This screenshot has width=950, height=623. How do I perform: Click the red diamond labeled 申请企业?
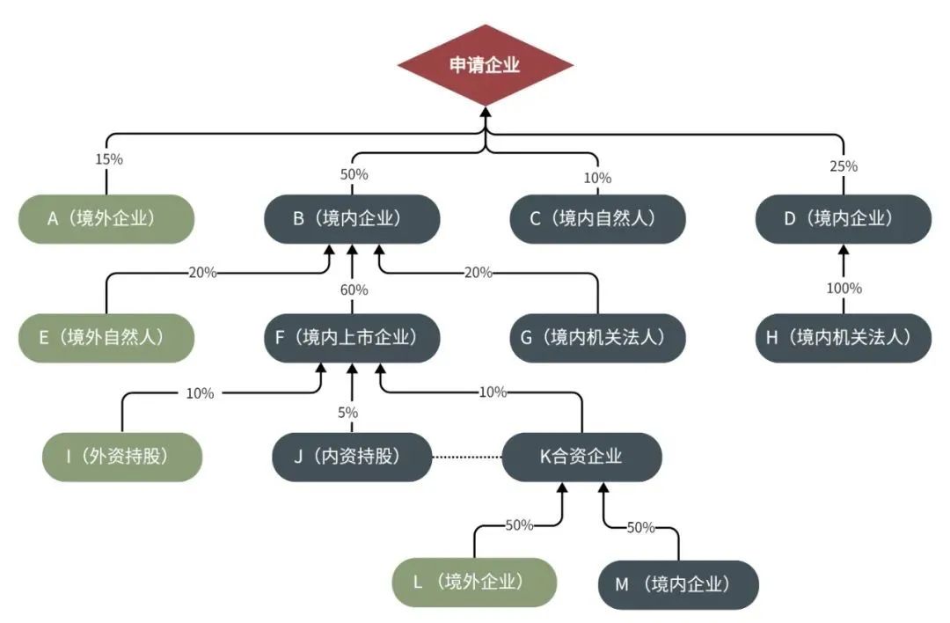pyautogui.click(x=485, y=65)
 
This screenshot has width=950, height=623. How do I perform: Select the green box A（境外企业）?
pyautogui.click(x=106, y=218)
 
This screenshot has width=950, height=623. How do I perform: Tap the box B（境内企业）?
pyautogui.click(x=353, y=218)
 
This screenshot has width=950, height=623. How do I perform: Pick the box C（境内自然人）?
pyautogui.click(x=598, y=218)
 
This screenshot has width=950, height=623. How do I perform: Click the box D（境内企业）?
pyautogui.click(x=844, y=218)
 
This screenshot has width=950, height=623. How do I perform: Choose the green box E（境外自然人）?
pyautogui.click(x=106, y=337)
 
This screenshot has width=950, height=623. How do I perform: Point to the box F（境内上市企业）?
pyautogui.click(x=352, y=337)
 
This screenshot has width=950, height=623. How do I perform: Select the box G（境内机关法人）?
pyautogui.click(x=598, y=337)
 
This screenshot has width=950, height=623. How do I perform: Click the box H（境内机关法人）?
pyautogui.click(x=844, y=337)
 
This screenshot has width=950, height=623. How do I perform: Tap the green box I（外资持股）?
pyautogui.click(x=122, y=457)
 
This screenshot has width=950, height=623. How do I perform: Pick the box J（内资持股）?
pyautogui.click(x=353, y=457)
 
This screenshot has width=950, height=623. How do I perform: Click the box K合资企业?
pyautogui.click(x=581, y=457)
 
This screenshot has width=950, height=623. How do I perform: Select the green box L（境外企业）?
pyautogui.click(x=475, y=582)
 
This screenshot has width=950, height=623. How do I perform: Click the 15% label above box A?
pyautogui.click(x=108, y=160)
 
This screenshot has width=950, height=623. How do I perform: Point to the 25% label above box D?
pyautogui.click(x=844, y=165)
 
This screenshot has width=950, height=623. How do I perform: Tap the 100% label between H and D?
pyautogui.click(x=844, y=289)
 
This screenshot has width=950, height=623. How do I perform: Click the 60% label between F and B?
pyautogui.click(x=354, y=290)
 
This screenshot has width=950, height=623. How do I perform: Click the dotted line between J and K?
pyautogui.click(x=467, y=458)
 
